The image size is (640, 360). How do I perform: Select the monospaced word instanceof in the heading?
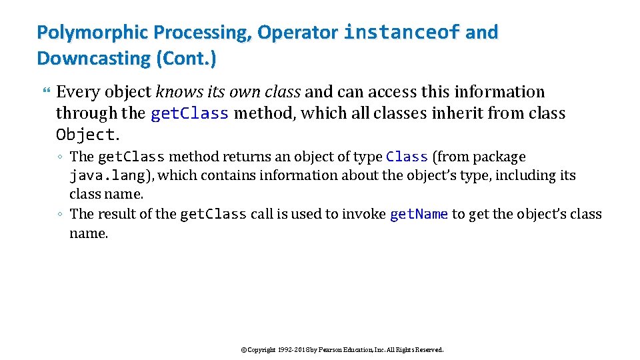[x=402, y=32]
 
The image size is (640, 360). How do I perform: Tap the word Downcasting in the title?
[x=94, y=58]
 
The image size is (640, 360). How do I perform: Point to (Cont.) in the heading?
[x=186, y=58]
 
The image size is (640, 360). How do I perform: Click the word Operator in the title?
[x=298, y=32]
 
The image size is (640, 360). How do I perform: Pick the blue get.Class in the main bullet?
[x=190, y=113]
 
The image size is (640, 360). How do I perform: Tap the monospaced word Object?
[x=86, y=135]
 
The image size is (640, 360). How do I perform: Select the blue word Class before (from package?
[x=407, y=157]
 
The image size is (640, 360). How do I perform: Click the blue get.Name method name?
[x=419, y=214]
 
